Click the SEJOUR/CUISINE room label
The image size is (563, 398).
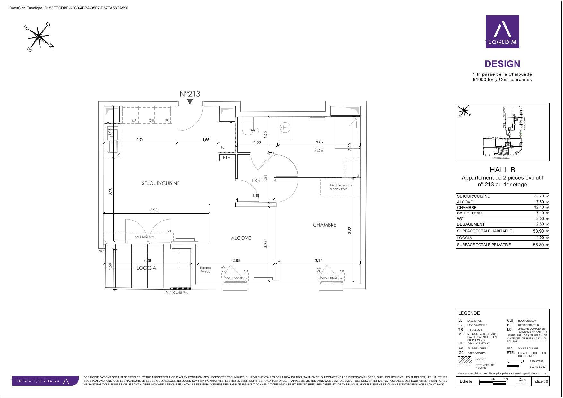[161, 183]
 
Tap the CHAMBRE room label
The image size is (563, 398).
[325, 225]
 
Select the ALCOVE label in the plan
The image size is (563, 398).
[241, 238]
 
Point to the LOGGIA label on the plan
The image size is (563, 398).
[146, 268]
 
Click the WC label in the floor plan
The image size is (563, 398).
[255, 131]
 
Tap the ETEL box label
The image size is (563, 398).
[227, 158]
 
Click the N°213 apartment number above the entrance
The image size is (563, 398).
[190, 94]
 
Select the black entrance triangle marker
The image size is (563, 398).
[190, 101]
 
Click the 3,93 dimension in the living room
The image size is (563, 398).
[154, 210]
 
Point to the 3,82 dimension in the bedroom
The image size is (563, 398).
[350, 230]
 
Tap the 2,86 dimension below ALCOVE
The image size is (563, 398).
[236, 261]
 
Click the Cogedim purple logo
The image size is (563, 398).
[502, 32]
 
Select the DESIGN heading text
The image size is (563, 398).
[502, 64]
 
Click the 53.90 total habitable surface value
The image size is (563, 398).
[538, 231]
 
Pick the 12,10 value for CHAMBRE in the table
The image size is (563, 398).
[539, 207]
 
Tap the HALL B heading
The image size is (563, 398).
[502, 170]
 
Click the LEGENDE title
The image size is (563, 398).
[469, 313]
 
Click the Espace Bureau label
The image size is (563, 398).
[205, 270]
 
